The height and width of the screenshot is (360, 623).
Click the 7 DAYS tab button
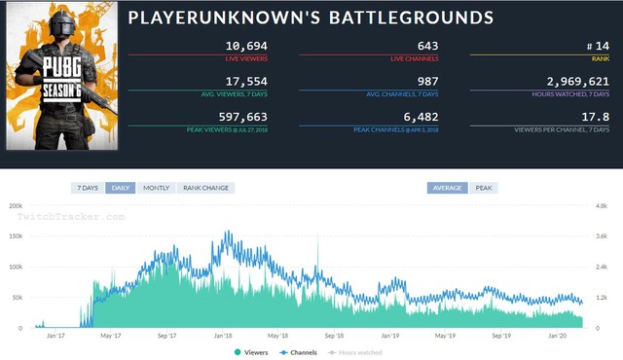click(x=87, y=187)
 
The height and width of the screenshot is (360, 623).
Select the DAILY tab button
click(x=121, y=187)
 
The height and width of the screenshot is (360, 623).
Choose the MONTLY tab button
click(x=156, y=187)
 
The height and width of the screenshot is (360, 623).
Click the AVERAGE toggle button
click(x=447, y=187)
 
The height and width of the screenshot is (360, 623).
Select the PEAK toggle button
click(x=484, y=187)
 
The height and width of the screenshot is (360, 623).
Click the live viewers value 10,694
click(x=245, y=46)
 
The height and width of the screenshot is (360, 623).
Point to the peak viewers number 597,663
click(x=241, y=117)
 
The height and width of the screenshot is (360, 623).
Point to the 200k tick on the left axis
click(x=15, y=206)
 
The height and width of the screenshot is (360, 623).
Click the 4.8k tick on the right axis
click(x=602, y=206)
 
